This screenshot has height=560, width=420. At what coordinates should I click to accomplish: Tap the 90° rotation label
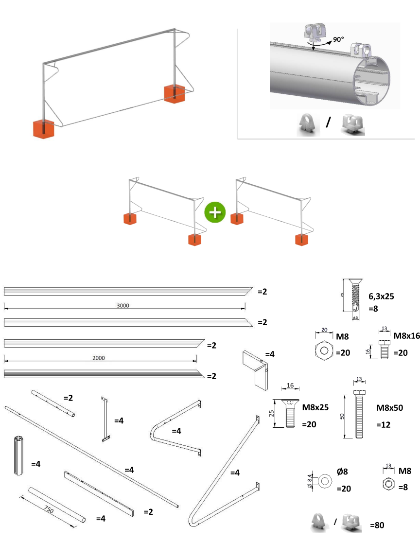(x=340, y=40)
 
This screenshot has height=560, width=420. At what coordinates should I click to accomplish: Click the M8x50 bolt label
(x=390, y=408)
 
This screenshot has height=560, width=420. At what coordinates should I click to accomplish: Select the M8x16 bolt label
(x=406, y=335)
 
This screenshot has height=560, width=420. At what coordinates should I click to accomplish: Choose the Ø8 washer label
(x=342, y=472)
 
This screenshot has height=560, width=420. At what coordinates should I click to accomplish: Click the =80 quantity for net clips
(x=377, y=525)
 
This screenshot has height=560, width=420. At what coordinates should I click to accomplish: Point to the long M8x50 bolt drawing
(x=359, y=412)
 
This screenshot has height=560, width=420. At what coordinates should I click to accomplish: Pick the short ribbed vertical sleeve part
(x=17, y=455)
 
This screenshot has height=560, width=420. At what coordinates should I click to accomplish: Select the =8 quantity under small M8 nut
(x=402, y=488)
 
